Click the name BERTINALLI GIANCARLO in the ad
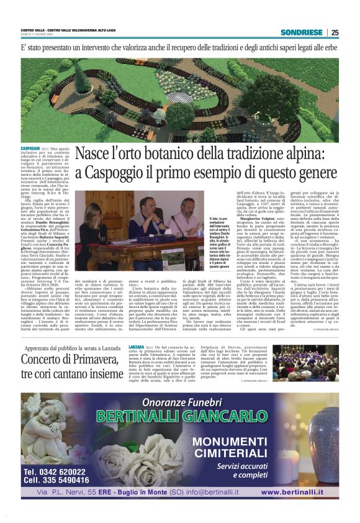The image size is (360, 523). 182,414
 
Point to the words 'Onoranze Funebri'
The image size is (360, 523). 182,400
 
